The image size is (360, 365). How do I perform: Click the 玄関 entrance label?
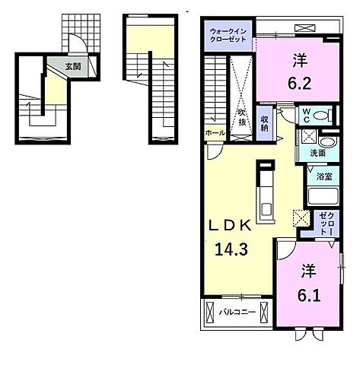pyautogui.click(x=73, y=66)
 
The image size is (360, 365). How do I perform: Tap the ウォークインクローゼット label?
pyautogui.click(x=228, y=36)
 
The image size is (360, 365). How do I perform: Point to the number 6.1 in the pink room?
pyautogui.click(x=309, y=283)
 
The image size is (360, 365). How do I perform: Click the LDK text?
pyautogui.click(x=230, y=225)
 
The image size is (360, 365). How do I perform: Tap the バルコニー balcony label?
pyautogui.click(x=237, y=312)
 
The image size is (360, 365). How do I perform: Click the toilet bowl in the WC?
pyautogui.click(x=320, y=116)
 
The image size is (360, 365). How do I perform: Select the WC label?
pyautogui.click(x=307, y=116)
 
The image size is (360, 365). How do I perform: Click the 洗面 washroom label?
pyautogui.click(x=317, y=153)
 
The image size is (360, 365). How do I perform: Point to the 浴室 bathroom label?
pyautogui.click(x=324, y=176)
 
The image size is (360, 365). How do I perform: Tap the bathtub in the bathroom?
pyautogui.click(x=323, y=196)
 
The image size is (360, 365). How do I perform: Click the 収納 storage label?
pyautogui.click(x=264, y=123)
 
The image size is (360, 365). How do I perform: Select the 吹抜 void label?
pyautogui.click(x=242, y=118)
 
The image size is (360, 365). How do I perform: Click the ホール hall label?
pyautogui.click(x=215, y=132)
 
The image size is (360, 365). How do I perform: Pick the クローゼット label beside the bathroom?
pyautogui.click(x=327, y=224)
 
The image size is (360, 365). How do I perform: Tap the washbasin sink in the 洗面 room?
pyautogui.click(x=327, y=142)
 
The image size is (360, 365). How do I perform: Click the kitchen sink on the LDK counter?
pyautogui.click(x=266, y=209)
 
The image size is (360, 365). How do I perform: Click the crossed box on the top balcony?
pyautogui.click(x=304, y=27)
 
